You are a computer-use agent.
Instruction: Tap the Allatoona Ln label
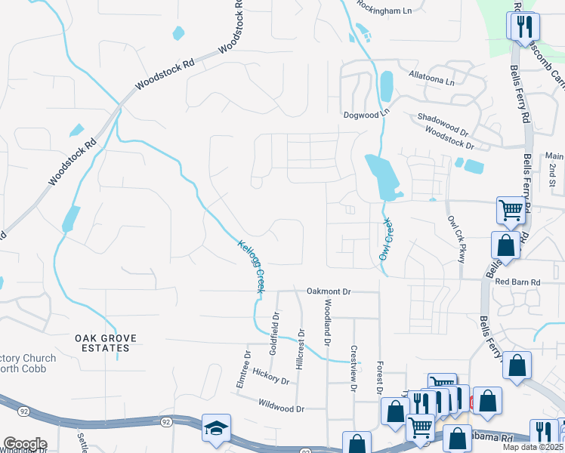coord(431,79)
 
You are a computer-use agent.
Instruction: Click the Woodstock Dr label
coord(449,137)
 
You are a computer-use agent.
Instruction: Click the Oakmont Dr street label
coord(329,291)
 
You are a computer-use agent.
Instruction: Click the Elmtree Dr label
coord(248,368)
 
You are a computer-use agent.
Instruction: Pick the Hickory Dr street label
coord(271,378)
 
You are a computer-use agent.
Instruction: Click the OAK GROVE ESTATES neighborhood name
coord(106,343)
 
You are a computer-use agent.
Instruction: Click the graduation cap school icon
coord(215,428)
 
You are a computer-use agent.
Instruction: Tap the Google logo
coord(24,444)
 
